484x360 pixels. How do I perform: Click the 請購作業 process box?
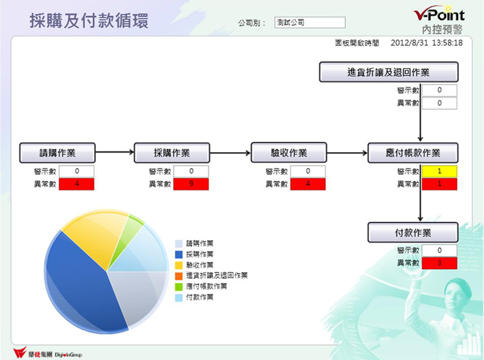point(57,153)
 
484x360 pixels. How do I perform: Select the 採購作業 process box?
point(172,153)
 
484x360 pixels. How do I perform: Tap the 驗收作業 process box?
point(289,152)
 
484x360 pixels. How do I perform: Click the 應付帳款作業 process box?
point(413,153)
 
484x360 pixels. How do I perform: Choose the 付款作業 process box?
point(413,233)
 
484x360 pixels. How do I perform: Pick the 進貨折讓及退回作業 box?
point(388,72)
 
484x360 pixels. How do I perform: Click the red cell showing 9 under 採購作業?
point(191,184)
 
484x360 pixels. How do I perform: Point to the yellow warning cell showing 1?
point(440,171)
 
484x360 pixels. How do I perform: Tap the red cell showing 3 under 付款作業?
point(440,263)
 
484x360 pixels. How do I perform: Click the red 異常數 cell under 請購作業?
point(77,184)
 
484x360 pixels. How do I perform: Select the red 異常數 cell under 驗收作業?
point(308,184)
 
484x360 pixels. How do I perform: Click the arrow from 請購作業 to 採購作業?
point(115,152)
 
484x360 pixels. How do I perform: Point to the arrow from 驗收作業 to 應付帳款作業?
point(347,152)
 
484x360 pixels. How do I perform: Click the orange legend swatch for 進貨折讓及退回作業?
point(179,276)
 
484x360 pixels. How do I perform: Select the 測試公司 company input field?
point(310,22)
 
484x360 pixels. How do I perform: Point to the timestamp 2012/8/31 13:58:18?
point(427,43)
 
